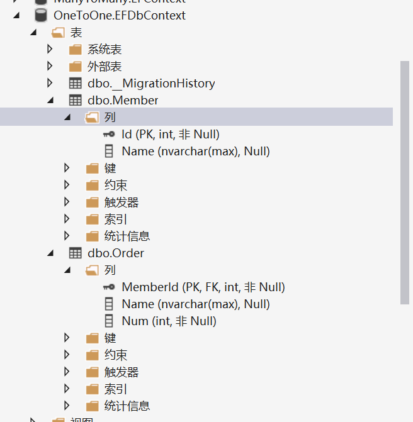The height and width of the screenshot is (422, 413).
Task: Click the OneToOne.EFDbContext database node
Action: (119, 15)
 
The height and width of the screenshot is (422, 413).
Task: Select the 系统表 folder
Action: (104, 49)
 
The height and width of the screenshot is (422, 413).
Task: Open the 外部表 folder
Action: (104, 66)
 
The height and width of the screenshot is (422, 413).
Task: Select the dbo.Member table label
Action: (123, 100)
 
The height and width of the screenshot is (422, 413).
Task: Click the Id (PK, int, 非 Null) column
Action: (170, 134)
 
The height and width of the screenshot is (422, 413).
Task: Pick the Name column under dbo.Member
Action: (195, 151)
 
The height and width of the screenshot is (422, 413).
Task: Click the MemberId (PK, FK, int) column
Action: (203, 287)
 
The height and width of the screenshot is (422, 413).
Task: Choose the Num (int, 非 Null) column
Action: (169, 321)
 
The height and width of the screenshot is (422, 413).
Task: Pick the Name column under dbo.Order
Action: (195, 304)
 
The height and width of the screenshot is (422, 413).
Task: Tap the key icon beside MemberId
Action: (109, 287)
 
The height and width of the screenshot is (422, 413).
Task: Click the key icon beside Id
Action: (109, 135)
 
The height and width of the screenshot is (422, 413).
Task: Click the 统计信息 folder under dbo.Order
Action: (127, 406)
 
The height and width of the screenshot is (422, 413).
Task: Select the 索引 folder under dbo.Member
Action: (115, 219)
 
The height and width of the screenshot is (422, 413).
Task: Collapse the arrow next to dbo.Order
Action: (50, 253)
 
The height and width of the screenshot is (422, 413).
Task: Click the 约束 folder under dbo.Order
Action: (115, 355)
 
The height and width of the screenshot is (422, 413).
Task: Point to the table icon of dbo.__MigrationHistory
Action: (75, 83)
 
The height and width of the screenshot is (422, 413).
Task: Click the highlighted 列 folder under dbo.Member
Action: (110, 117)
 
